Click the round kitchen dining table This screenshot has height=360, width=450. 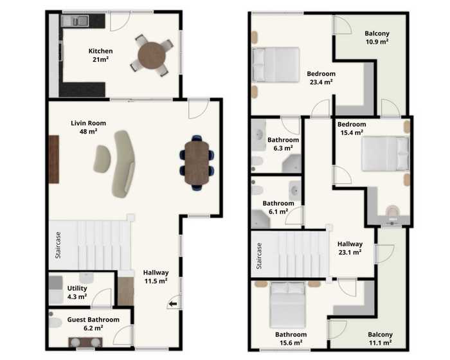point(152,55)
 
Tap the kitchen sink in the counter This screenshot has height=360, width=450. point(75,21)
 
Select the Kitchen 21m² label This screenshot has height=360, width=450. point(100,55)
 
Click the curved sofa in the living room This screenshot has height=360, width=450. point(123,164)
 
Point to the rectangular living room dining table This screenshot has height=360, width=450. point(197,163)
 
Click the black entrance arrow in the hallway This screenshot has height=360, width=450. point(173,303)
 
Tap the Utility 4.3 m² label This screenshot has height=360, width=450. point(77,292)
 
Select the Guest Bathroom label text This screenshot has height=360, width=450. point(93,319)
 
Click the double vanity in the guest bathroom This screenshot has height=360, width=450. point(85,342)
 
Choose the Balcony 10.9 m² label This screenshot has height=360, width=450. point(377,37)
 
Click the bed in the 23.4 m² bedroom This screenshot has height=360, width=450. point(276,64)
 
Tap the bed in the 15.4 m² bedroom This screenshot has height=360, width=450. point(385,154)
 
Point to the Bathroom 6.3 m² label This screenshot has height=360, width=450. point(283,144)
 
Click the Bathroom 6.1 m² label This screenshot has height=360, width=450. point(278,207)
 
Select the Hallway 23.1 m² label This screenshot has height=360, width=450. point(350,248)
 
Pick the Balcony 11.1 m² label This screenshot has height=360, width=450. point(381,339)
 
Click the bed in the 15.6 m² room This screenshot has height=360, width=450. point(288,305)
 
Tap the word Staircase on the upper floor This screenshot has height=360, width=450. point(259,256)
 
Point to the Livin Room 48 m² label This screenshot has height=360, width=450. point(89,127)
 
